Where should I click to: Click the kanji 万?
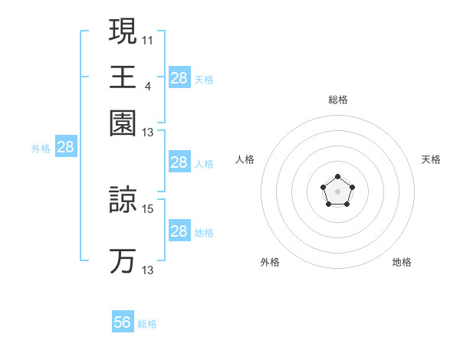point(123,260)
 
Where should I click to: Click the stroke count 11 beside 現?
point(147,39)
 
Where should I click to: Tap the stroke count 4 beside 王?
point(147,84)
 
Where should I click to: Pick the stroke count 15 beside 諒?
point(148,208)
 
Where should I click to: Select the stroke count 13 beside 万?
point(148,270)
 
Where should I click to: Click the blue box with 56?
point(123,322)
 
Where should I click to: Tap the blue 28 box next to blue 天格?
point(179,78)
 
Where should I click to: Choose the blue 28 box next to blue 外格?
point(66,148)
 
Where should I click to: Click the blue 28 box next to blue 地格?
point(179,231)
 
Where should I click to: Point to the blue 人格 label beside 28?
point(204,163)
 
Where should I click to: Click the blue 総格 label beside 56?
point(148,324)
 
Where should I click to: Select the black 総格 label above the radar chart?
point(337,100)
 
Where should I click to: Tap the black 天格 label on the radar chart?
point(431,159)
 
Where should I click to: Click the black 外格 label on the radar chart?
point(270,262)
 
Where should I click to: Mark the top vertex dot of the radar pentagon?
point(337,178)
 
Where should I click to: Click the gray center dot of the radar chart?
point(337,191)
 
